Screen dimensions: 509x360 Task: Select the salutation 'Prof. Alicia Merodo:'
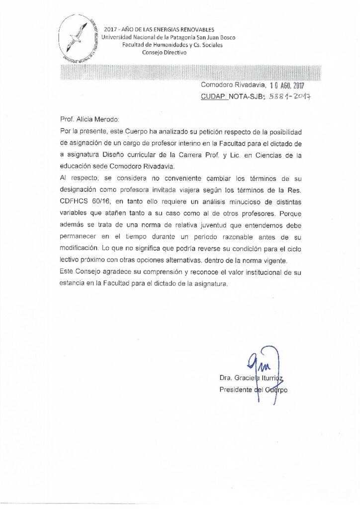point(87,120)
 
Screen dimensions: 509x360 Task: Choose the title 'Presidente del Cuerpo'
point(253,390)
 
